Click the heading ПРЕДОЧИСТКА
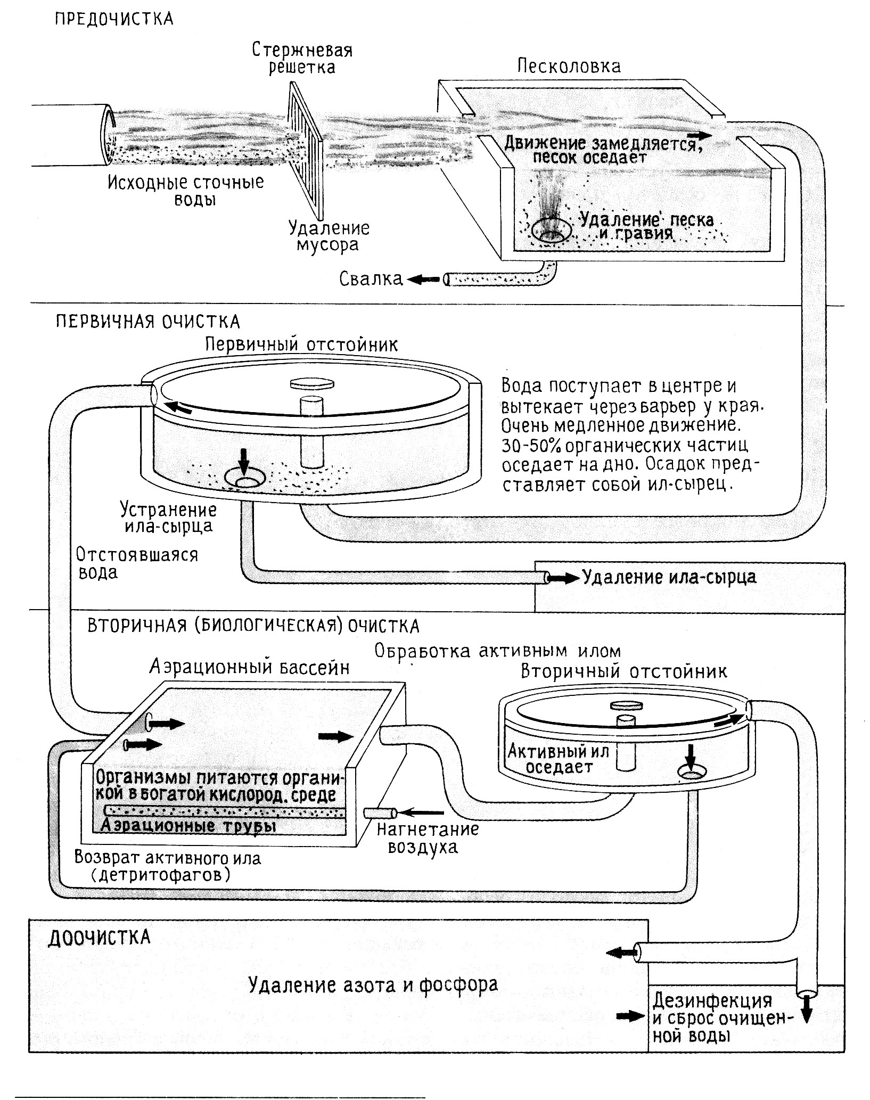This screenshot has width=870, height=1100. coord(114,19)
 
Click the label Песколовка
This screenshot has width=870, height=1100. coord(569,67)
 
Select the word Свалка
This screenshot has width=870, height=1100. coord(371,279)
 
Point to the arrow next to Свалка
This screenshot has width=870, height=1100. coord(423,278)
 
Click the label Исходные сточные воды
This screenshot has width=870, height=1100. coord(186,191)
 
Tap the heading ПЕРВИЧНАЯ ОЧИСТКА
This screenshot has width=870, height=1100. coord(147,322)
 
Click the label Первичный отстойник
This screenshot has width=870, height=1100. coord(301,344)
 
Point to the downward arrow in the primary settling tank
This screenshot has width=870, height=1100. coord(244,462)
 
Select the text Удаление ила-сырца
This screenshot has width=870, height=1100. coord(669,577)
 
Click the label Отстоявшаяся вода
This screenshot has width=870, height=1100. coord(136,563)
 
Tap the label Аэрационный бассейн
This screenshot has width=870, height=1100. coord(249,667)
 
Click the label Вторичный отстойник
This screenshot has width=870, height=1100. coord(623,671)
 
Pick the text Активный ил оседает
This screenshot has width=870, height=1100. coord(557,759)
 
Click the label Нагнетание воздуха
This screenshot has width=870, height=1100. coord(428,838)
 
